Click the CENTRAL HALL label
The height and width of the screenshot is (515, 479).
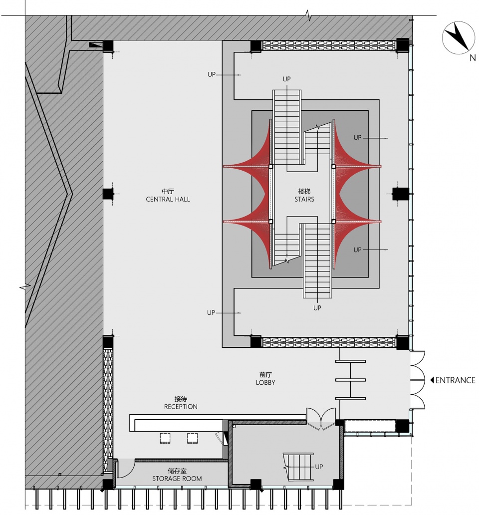tap(168, 199)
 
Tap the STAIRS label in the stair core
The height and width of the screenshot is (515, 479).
tap(304, 199)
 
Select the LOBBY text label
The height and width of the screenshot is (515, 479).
tap(265, 382)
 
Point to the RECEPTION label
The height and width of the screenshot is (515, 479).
tap(181, 407)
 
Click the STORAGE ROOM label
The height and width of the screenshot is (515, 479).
tap(177, 479)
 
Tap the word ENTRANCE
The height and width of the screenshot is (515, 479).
tap(456, 380)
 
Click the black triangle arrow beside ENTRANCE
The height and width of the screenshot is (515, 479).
tap(432, 380)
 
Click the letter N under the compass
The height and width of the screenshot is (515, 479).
tap(473, 58)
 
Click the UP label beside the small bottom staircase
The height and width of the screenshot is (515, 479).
tap(319, 467)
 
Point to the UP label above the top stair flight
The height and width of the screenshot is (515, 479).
tap(286, 79)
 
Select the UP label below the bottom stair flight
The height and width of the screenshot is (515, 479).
tap(317, 308)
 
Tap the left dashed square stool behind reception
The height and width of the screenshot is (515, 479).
tap(165, 438)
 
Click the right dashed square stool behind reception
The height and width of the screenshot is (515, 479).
tap(193, 438)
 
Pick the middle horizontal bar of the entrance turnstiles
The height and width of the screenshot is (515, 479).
tap(351, 380)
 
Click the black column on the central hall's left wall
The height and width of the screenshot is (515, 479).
tap(108, 194)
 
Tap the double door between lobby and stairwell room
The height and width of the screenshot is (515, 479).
tap(321, 419)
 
